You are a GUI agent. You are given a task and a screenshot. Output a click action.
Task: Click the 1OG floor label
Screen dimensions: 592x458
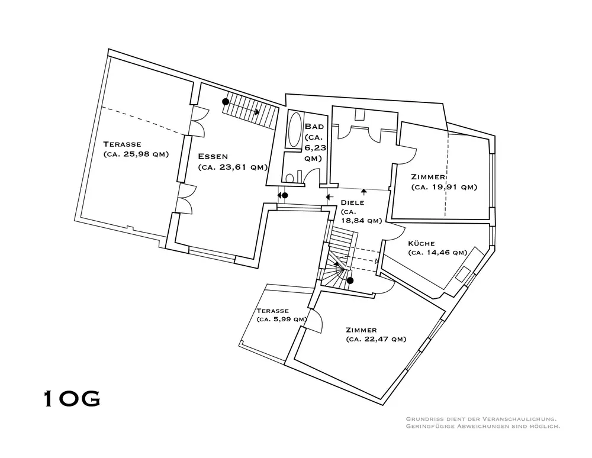coord(72,399)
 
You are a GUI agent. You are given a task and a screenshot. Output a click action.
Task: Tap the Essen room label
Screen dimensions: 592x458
coord(214,157)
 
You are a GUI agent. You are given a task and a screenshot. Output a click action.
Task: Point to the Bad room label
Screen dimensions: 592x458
coord(313,127)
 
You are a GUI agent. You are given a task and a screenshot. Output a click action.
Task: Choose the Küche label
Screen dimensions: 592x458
coord(422,243)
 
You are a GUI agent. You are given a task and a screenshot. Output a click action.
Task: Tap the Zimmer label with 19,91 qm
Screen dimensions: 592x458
coord(427,177)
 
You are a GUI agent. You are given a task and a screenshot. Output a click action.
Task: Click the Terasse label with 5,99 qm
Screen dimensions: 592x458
coord(272,311)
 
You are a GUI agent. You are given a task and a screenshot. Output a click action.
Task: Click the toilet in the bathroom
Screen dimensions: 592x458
coord(289,178)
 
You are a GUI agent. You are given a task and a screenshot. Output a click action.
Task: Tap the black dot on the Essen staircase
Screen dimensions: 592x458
coord(226,102)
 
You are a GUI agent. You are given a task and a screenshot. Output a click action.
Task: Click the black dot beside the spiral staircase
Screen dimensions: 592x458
coord(350,280)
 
